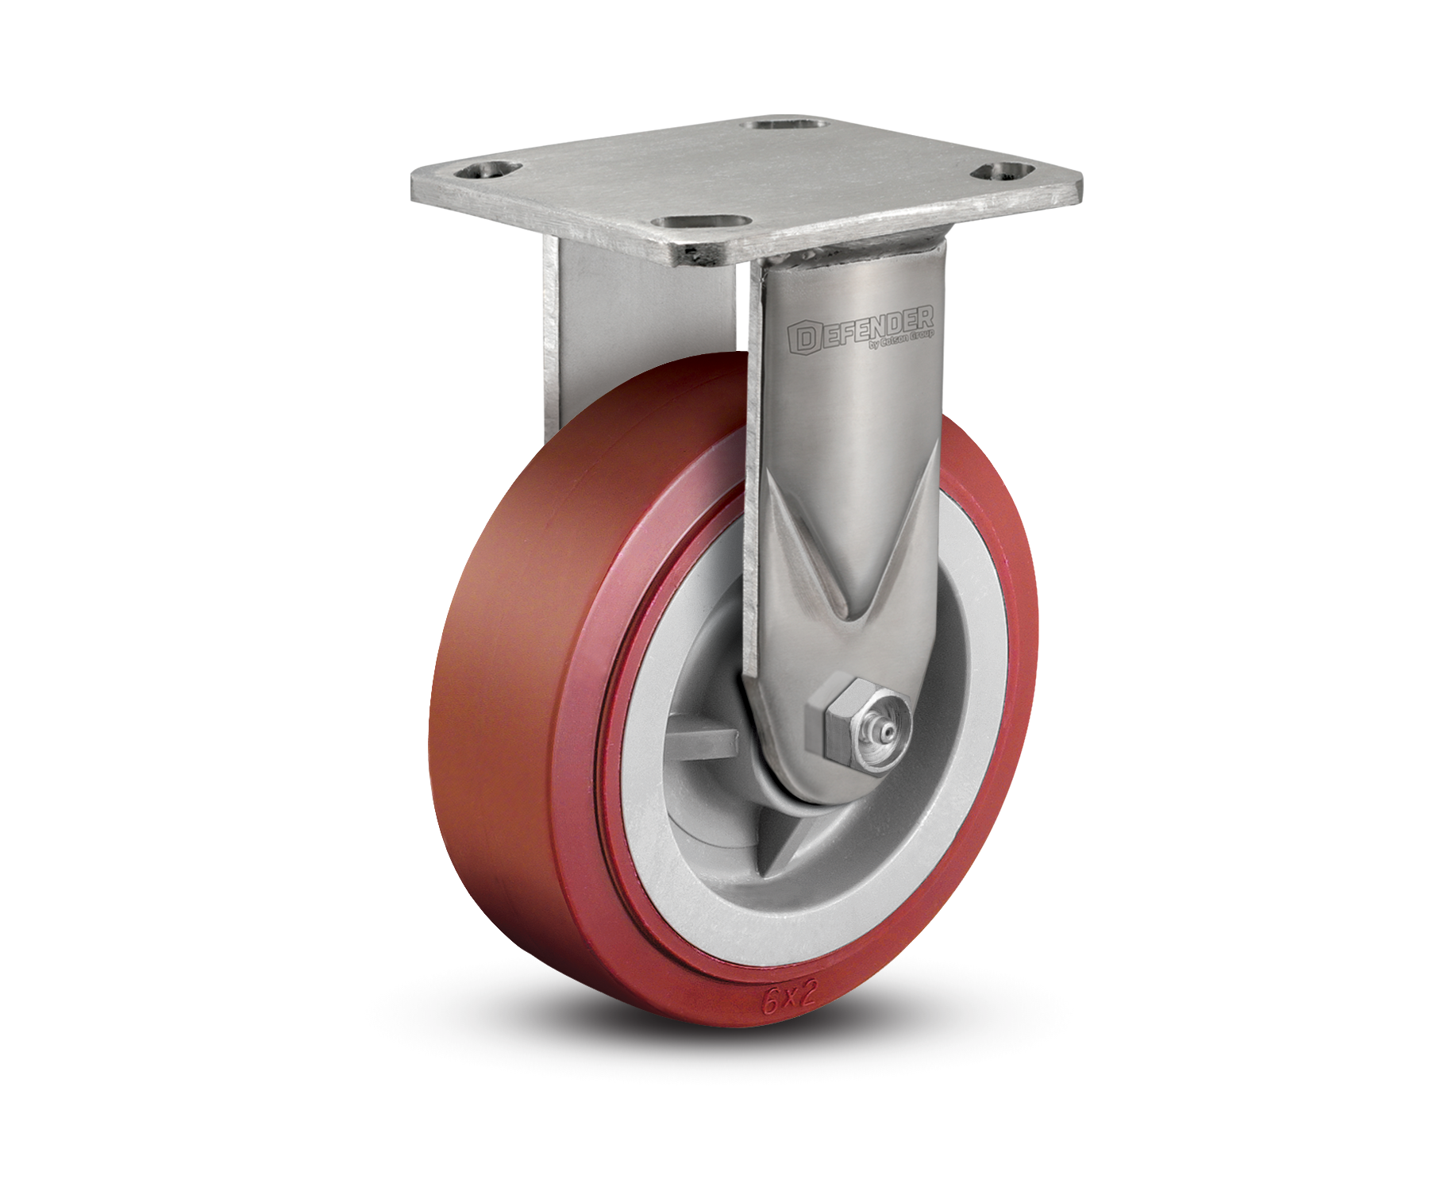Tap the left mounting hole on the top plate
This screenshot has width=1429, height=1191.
487,169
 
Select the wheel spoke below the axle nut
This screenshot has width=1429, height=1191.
802,858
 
